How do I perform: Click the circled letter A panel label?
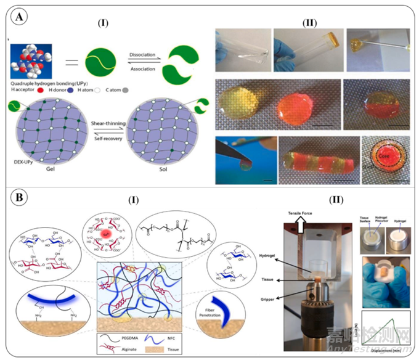(20, 18)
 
